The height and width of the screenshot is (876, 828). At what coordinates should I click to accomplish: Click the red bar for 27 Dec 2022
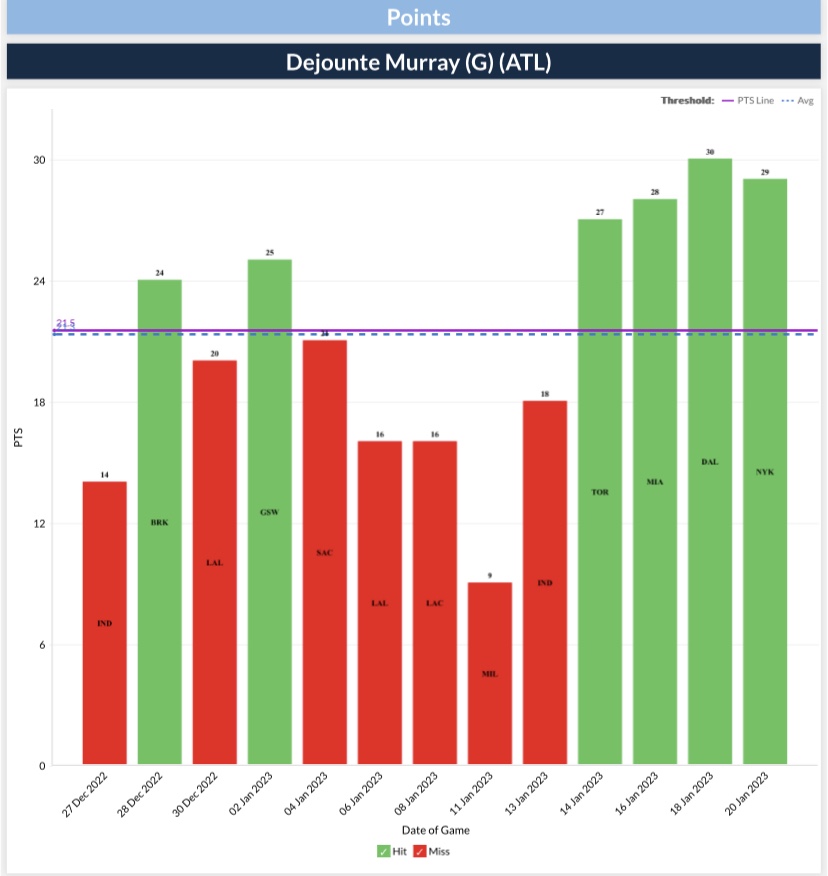coord(104,623)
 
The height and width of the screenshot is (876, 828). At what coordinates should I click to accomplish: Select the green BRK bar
coord(159,522)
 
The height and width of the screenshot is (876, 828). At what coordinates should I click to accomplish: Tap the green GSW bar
coord(269,512)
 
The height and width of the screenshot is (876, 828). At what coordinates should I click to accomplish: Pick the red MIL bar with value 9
coord(489,673)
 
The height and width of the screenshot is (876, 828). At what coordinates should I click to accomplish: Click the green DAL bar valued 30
coord(709,461)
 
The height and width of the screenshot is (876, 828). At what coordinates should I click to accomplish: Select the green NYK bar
coord(764,471)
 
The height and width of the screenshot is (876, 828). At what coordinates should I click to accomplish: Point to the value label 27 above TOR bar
coord(599,212)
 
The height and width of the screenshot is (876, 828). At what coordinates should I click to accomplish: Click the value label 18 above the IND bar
coord(544,394)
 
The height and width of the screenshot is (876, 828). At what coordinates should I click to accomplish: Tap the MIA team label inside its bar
coord(654,482)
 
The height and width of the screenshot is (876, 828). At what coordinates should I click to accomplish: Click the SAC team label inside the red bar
coord(324,553)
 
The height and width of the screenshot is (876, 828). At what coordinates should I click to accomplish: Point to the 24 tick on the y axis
coord(41,281)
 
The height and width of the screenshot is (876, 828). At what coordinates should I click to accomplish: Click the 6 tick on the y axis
coord(43,645)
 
